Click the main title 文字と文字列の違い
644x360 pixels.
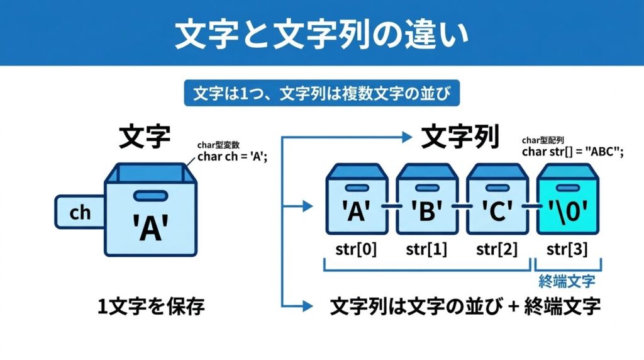(321, 33)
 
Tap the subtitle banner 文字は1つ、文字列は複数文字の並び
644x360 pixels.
(321, 93)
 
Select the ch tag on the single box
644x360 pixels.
(80, 213)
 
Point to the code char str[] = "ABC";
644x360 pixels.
(572, 152)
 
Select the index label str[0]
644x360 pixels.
(357, 250)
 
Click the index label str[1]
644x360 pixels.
(427, 250)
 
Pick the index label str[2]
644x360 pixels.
(497, 250)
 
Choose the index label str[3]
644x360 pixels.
(568, 250)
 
